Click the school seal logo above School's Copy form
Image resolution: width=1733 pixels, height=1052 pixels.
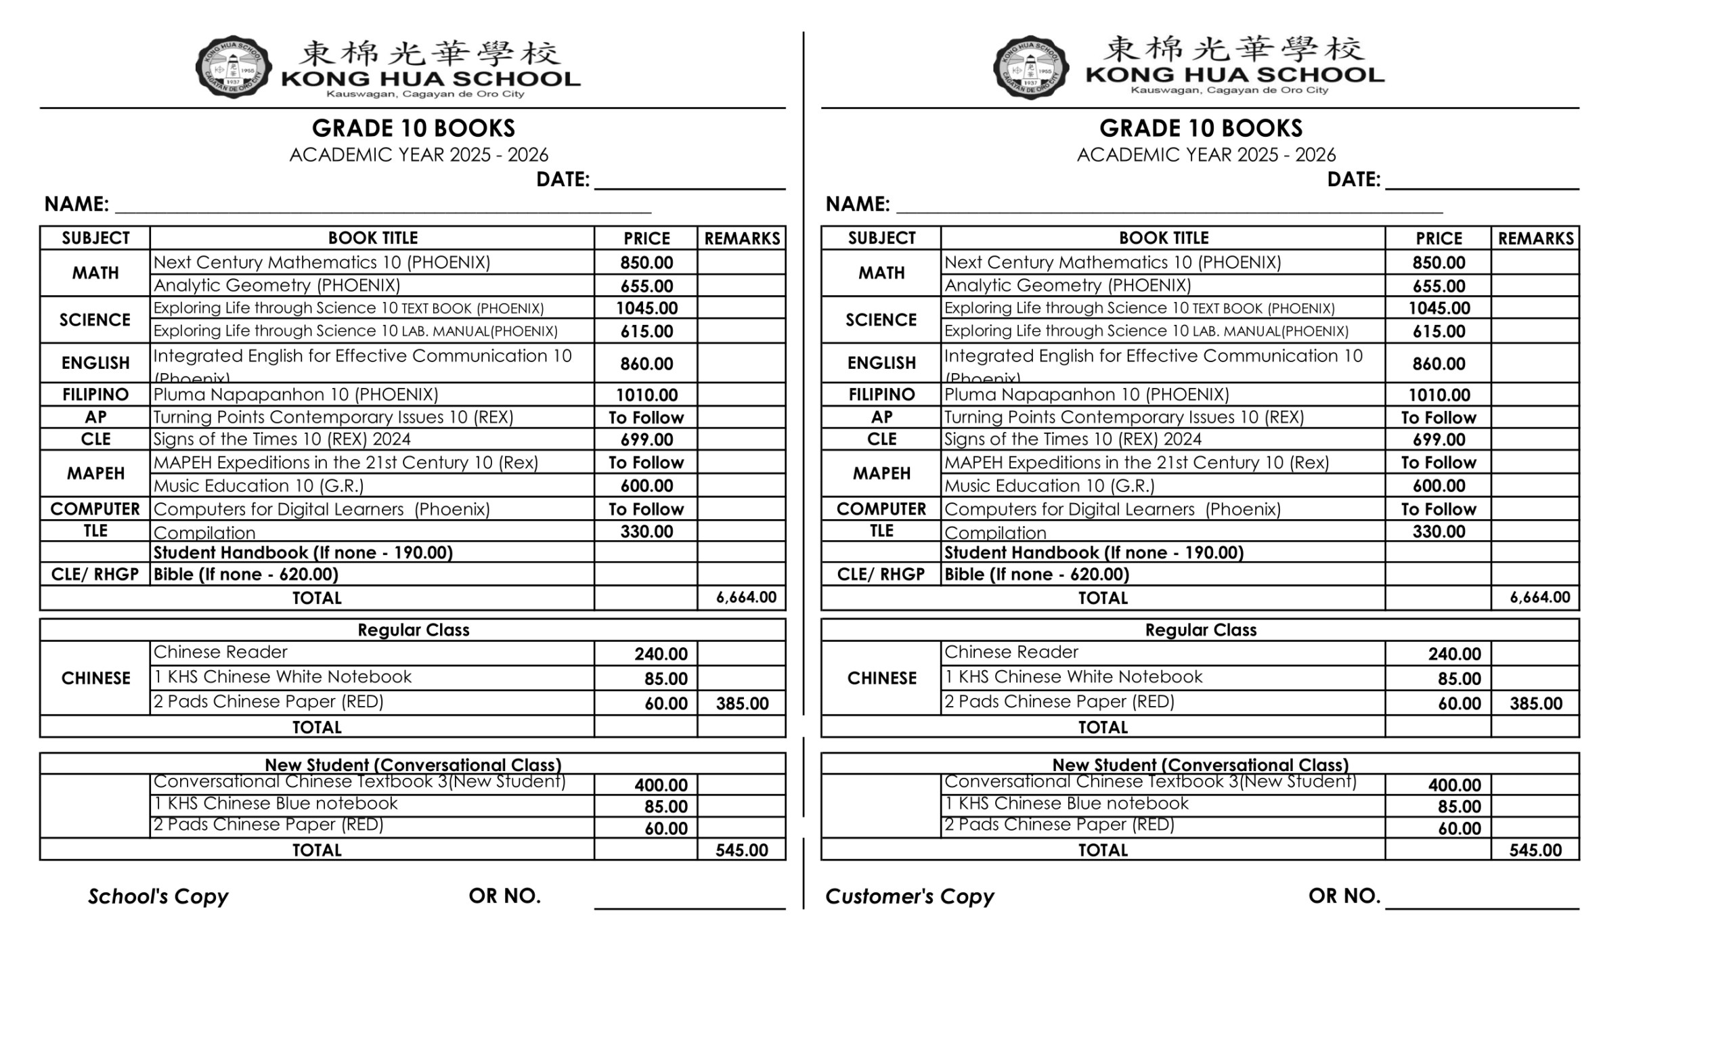(234, 68)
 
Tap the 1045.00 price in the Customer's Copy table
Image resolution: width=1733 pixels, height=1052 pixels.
(1439, 308)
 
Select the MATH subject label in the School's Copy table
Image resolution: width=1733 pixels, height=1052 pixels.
(95, 273)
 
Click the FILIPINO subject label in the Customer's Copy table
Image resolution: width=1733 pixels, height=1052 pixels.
(881, 395)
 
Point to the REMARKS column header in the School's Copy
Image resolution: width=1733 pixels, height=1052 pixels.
(741, 238)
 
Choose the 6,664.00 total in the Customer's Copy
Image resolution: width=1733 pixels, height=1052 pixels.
(1539, 597)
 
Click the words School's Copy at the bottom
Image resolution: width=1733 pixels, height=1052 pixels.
(158, 896)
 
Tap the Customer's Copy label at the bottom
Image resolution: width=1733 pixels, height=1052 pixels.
(908, 896)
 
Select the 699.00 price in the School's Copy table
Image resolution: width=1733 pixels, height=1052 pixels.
(646, 439)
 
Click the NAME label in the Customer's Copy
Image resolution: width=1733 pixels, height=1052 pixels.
(857, 204)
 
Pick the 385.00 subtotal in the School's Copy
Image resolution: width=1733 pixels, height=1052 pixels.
(741, 703)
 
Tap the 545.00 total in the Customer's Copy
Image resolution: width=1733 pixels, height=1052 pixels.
(1535, 850)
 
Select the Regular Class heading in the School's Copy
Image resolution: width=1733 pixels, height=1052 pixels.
(413, 630)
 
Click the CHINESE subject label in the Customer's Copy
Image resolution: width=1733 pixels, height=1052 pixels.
(881, 678)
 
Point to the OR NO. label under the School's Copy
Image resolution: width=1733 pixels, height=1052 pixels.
(504, 895)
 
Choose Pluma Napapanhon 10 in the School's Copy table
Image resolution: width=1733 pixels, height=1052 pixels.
(295, 395)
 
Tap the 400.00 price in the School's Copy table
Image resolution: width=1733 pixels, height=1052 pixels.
(661, 785)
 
